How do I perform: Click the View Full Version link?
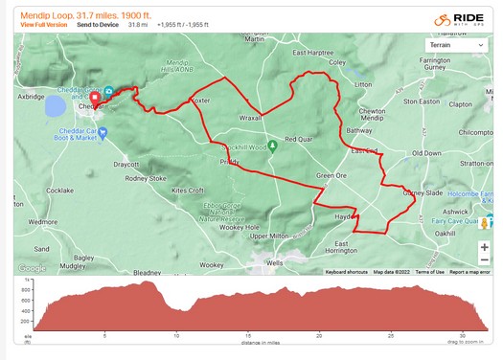(43, 25)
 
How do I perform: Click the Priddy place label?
(229, 163)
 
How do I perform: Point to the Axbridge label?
(30, 98)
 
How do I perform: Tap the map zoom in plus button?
(485, 246)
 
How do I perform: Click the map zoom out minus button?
(485, 260)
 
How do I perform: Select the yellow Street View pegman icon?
(485, 224)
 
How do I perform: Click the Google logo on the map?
(32, 268)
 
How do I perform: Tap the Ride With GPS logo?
(469, 18)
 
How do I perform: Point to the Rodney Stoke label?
(146, 178)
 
